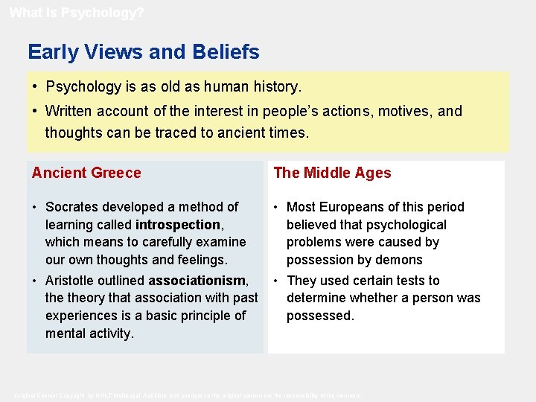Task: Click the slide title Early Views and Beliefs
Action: click(144, 52)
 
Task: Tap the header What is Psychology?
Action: click(77, 13)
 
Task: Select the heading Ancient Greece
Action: click(86, 173)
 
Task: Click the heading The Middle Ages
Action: click(332, 173)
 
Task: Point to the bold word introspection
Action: click(178, 224)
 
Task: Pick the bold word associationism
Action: click(197, 281)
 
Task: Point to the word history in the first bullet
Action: click(273, 86)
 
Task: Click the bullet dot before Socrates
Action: click(35, 207)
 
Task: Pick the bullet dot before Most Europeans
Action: click(276, 207)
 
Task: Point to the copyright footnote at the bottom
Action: click(189, 395)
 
